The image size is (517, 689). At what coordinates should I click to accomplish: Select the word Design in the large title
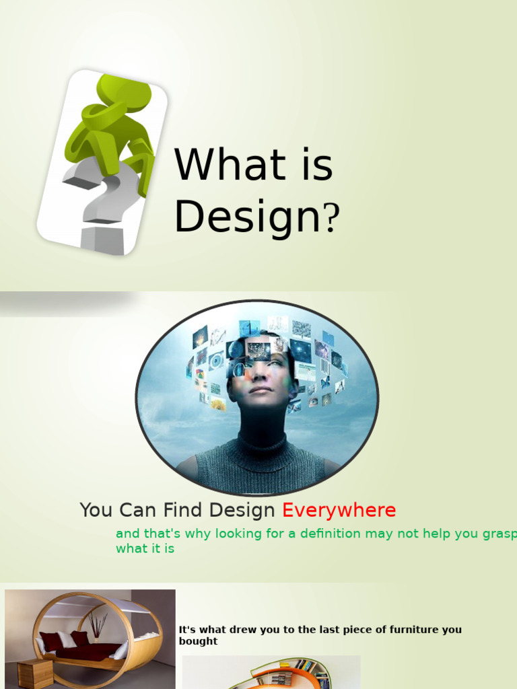[245, 217]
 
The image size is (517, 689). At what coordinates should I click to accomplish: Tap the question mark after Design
[332, 218]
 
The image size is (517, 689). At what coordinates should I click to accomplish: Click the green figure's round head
[124, 93]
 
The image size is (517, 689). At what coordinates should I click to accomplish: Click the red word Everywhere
[339, 511]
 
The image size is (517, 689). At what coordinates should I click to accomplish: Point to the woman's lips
[261, 390]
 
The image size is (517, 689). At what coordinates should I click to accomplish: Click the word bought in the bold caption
[198, 641]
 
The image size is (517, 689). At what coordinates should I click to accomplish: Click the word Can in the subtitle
[137, 511]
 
